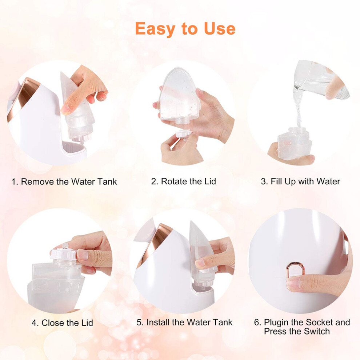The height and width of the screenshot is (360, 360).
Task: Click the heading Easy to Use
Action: click(x=185, y=29)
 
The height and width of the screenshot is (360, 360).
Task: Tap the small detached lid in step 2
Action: click(x=184, y=134)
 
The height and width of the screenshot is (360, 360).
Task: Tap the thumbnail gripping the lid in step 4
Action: click(x=82, y=255)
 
